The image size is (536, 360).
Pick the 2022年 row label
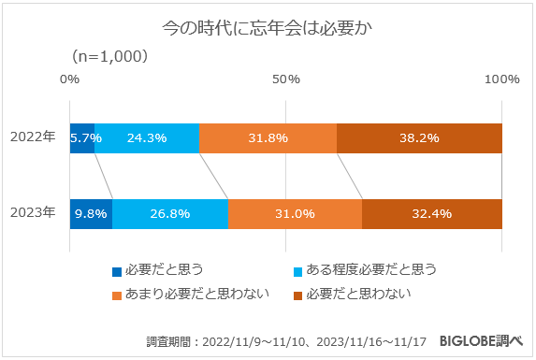(33, 137)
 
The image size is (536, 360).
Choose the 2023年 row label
(33, 213)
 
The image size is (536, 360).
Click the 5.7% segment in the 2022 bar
(82, 137)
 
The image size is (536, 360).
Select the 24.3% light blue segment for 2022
(147, 137)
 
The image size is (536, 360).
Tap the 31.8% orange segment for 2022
(268, 137)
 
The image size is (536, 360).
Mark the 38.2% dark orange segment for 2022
(419, 137)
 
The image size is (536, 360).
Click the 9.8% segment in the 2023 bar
(91, 213)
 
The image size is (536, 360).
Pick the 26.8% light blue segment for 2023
(169, 213)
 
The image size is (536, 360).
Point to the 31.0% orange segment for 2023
(295, 213)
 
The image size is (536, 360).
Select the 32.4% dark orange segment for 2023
(431, 213)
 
